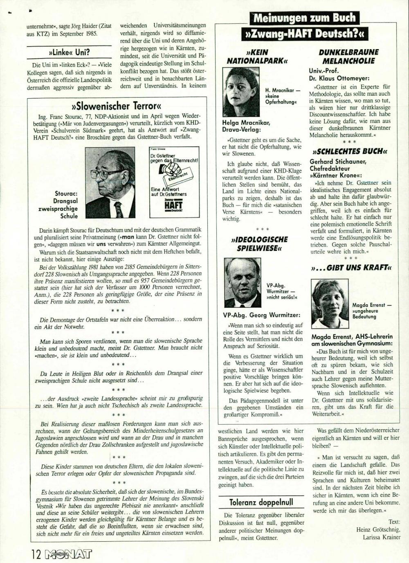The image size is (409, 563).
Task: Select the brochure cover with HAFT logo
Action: pyautogui.click(x=174, y=182)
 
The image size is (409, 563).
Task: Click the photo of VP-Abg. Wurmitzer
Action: pyautogui.click(x=243, y=283)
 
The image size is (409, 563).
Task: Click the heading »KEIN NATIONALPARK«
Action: pyautogui.click(x=257, y=56)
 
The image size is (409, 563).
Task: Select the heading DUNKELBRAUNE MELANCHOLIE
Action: pyautogui.click(x=348, y=56)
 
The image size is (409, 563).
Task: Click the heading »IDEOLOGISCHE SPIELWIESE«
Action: pyautogui.click(x=259, y=243)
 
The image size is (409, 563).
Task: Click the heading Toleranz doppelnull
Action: pyautogui.click(x=261, y=502)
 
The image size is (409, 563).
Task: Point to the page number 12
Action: pyautogui.click(x=36, y=554)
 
